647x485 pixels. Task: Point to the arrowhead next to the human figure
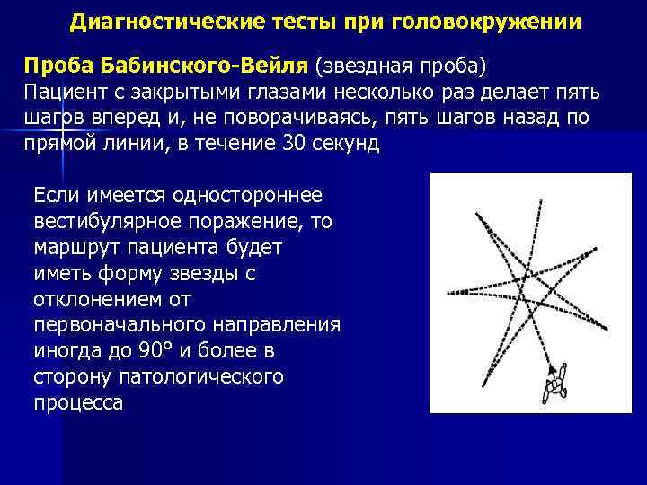tap(549, 367)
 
